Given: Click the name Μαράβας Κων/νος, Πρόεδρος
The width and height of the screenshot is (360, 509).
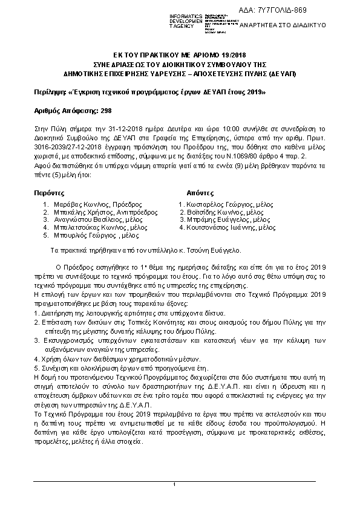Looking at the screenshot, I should pos(91,205).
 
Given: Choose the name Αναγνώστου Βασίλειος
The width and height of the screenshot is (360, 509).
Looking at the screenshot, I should pos(90,220).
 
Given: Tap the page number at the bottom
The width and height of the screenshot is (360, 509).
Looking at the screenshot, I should pos(174,484).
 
